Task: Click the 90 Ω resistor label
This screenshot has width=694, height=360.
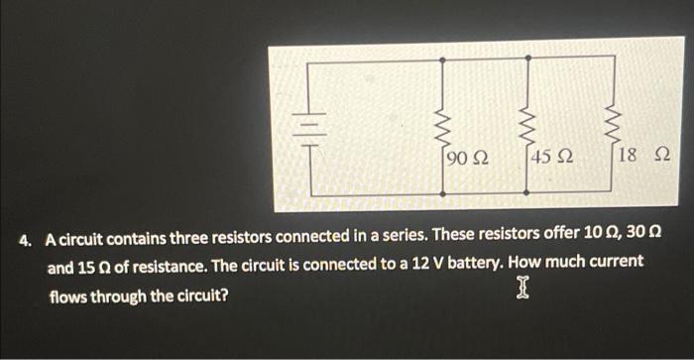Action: coord(467,157)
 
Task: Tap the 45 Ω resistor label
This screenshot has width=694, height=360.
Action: coord(551,157)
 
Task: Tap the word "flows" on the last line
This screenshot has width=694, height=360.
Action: coord(70,295)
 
